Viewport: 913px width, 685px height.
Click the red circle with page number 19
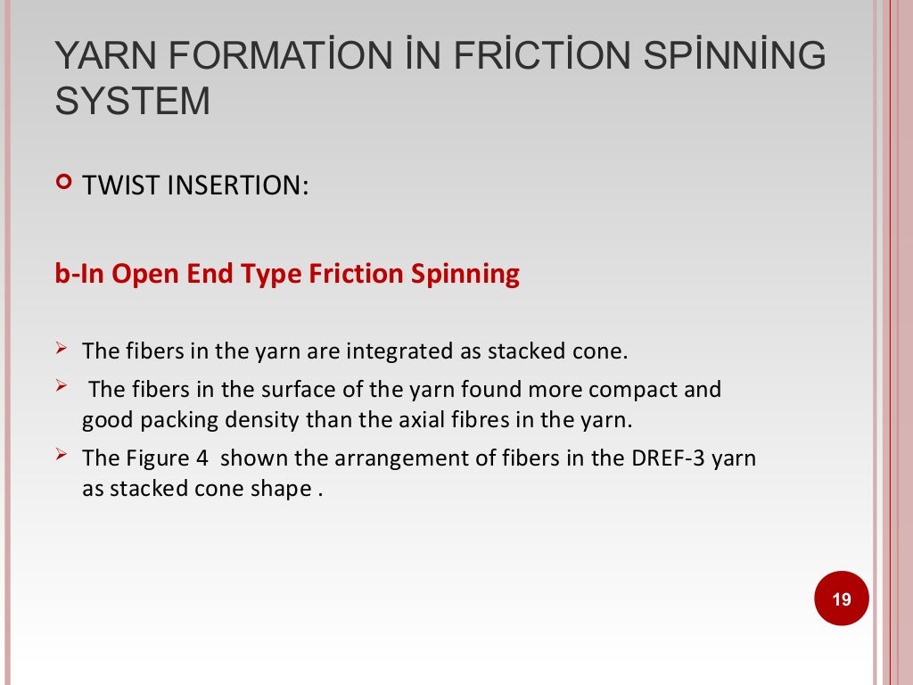pos(841,598)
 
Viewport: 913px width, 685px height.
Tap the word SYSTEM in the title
pos(133,101)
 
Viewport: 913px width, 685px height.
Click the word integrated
pos(400,351)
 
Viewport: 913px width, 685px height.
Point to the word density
pos(267,420)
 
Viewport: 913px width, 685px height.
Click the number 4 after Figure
pos(202,458)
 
